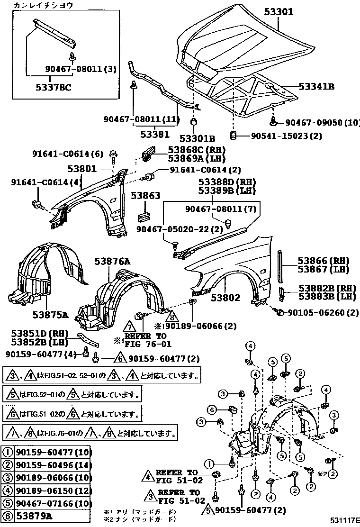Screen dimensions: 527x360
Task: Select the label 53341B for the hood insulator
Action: point(316,87)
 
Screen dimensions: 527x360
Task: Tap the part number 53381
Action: point(153,134)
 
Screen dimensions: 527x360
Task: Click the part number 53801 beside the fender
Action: point(81,168)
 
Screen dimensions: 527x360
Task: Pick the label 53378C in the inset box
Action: point(53,87)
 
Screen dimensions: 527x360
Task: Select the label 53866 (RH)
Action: point(323,261)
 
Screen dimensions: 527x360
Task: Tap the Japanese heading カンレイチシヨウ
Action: point(43,5)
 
